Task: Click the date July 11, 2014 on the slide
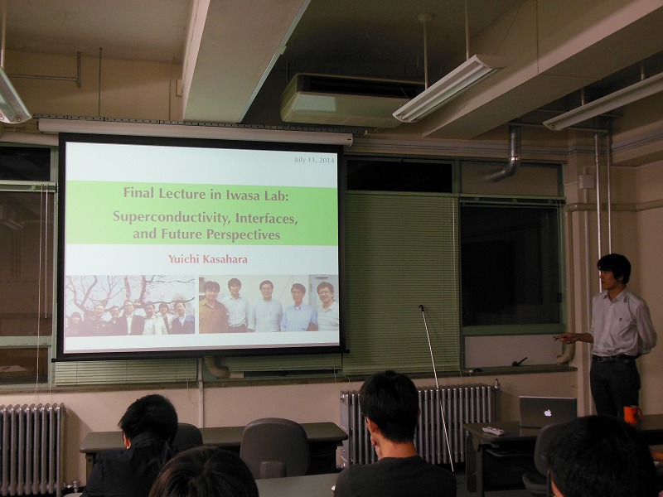click(314, 160)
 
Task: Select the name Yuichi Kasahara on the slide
click(208, 259)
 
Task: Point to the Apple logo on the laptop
click(548, 413)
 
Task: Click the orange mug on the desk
click(632, 415)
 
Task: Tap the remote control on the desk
click(493, 431)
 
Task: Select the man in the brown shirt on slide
click(213, 307)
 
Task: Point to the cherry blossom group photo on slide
click(130, 305)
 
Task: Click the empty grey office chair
click(274, 447)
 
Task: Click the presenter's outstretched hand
click(564, 338)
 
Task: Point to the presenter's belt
click(613, 359)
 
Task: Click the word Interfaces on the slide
click(267, 218)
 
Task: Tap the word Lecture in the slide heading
click(182, 194)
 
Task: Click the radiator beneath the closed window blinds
click(419, 424)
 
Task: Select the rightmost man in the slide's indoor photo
click(327, 306)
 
